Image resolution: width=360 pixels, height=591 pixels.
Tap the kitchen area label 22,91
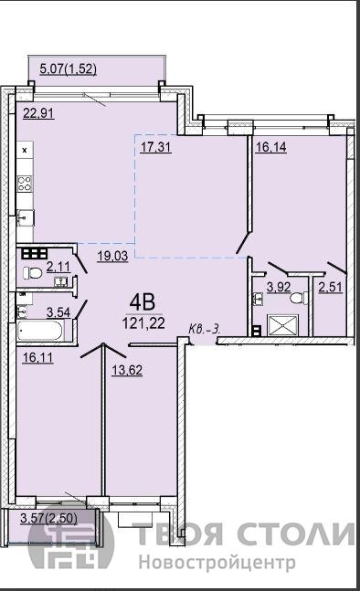(38, 113)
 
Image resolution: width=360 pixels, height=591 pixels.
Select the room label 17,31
(156, 147)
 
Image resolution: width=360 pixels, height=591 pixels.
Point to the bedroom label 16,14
(271, 147)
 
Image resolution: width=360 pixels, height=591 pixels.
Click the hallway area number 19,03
(112, 256)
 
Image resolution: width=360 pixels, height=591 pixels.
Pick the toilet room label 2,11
(58, 267)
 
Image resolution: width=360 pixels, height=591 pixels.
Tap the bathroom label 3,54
(58, 312)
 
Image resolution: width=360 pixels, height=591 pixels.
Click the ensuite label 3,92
(279, 287)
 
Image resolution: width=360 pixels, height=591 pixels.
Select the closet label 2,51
(330, 287)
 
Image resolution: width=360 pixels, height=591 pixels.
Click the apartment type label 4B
(143, 302)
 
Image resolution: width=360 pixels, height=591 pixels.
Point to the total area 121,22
(143, 323)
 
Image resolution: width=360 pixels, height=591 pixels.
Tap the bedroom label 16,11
(37, 357)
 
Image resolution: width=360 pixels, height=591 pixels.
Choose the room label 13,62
(127, 370)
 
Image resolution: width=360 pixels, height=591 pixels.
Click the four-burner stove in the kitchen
(25, 184)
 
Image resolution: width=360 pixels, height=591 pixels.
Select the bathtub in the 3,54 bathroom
(40, 331)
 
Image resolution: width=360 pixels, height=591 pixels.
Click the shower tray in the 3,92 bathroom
(282, 325)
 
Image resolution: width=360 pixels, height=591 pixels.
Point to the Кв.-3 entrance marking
(205, 329)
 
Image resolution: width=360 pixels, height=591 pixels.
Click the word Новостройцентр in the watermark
(217, 563)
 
